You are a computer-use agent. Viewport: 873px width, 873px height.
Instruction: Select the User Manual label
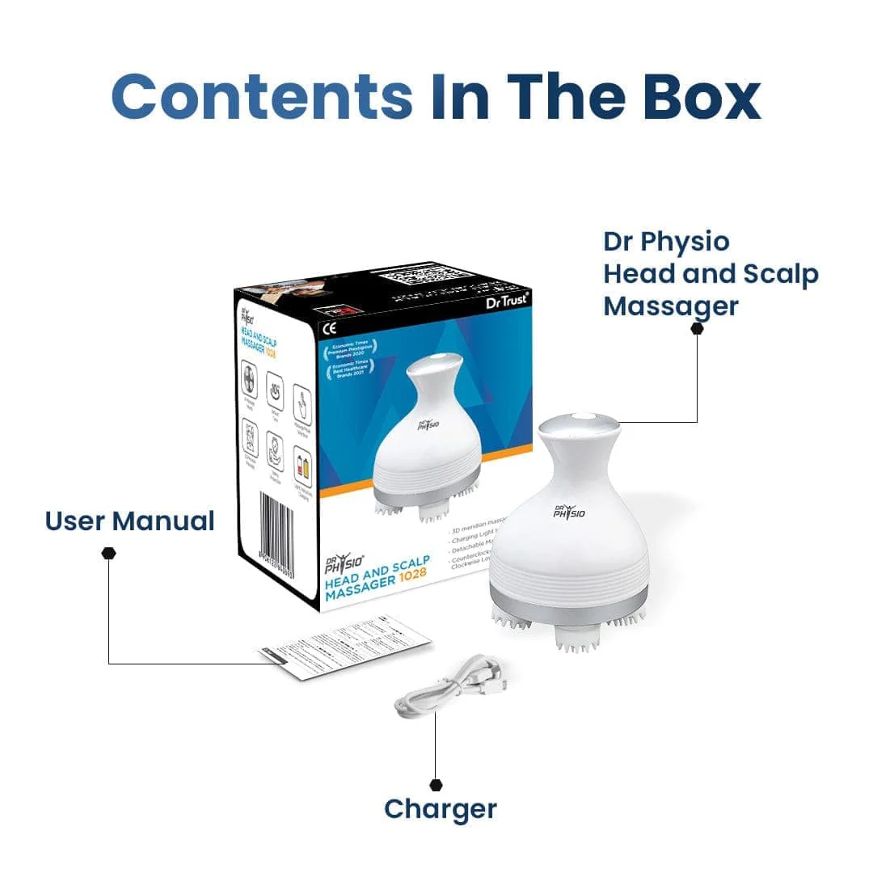tap(129, 521)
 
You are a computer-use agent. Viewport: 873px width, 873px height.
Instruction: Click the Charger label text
tap(441, 808)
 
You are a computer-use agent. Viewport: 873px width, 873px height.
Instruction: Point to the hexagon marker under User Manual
tap(109, 553)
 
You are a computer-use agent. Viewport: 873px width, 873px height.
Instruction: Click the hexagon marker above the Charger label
tap(436, 784)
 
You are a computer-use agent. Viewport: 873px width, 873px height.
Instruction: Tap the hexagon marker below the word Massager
tap(697, 328)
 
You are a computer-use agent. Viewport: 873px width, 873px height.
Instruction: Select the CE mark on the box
tap(329, 329)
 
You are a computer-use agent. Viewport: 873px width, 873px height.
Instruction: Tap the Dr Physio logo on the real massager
tap(570, 511)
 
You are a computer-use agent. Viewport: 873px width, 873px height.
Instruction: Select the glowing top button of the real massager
tap(579, 420)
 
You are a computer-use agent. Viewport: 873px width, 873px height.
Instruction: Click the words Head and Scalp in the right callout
tap(711, 275)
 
